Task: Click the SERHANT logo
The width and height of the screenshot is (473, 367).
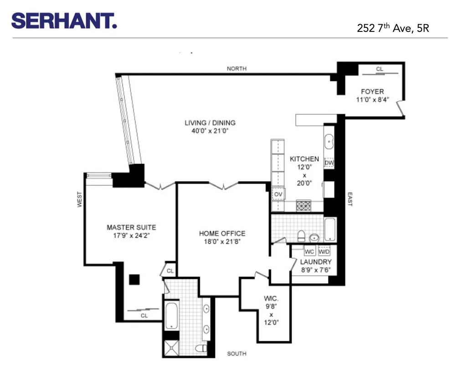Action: pyautogui.click(x=64, y=20)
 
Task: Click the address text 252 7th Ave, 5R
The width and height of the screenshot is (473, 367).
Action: pyautogui.click(x=393, y=28)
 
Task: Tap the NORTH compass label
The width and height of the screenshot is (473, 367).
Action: pyautogui.click(x=236, y=69)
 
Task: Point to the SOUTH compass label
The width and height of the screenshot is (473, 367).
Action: pyautogui.click(x=236, y=354)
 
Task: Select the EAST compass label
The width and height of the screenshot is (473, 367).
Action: pyautogui.click(x=350, y=199)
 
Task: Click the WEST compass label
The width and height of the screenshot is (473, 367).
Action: pyautogui.click(x=80, y=199)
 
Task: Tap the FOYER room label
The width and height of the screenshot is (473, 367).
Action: pyautogui.click(x=372, y=92)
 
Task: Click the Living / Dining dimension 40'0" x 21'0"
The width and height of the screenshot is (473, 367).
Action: pyautogui.click(x=210, y=131)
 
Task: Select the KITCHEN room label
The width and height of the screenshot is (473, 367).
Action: pyautogui.click(x=304, y=159)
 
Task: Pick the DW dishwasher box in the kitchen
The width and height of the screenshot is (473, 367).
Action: pyautogui.click(x=329, y=163)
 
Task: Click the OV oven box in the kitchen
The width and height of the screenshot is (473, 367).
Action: pyautogui.click(x=278, y=194)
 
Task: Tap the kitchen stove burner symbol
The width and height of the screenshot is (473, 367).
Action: pyautogui.click(x=304, y=206)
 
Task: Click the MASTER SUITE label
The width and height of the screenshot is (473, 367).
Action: pyautogui.click(x=131, y=227)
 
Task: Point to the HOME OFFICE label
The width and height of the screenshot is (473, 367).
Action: pyautogui.click(x=222, y=234)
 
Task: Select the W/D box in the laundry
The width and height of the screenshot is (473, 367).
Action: pyautogui.click(x=324, y=251)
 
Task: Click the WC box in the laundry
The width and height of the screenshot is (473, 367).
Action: pyautogui.click(x=310, y=251)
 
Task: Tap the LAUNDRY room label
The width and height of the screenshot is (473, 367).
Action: pyautogui.click(x=315, y=262)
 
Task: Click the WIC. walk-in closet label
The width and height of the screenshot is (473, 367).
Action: pyautogui.click(x=271, y=299)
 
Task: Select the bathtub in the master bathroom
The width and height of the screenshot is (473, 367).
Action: pyautogui.click(x=171, y=314)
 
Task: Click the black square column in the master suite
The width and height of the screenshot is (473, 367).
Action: pyautogui.click(x=134, y=279)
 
